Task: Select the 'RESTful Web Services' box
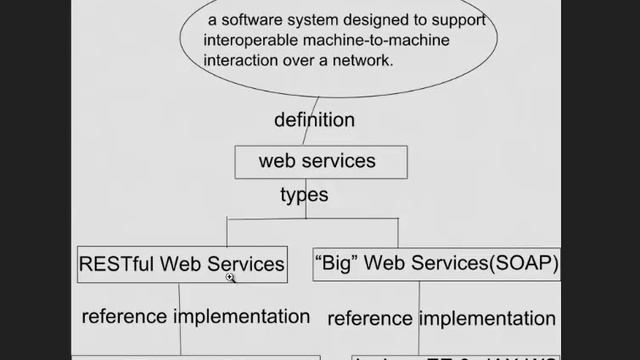(x=181, y=264)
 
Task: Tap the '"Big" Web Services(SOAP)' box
(x=436, y=264)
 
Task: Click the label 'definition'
(x=314, y=120)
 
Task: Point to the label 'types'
(x=304, y=194)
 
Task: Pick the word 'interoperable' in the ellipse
(x=250, y=40)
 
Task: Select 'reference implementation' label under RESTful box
(x=196, y=316)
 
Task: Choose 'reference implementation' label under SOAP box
(x=441, y=318)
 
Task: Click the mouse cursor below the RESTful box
(x=231, y=280)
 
